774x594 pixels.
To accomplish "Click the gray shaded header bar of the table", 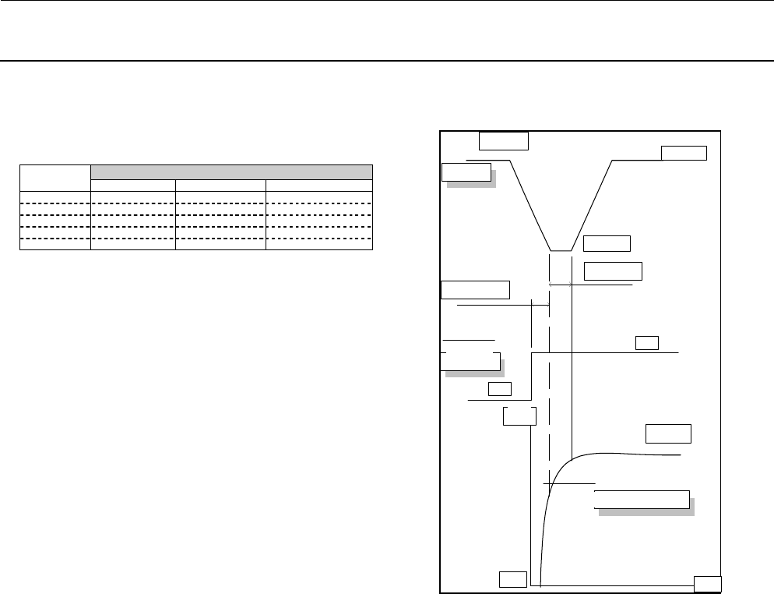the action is click(x=231, y=172).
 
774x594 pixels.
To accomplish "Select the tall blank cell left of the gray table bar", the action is click(x=55, y=178).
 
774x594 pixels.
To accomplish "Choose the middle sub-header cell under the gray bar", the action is click(x=220, y=186).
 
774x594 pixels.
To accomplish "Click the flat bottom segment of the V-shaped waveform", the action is click(x=561, y=251).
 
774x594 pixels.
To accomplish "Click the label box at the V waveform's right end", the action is click(x=684, y=152).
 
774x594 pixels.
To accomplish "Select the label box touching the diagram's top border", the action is click(x=503, y=140).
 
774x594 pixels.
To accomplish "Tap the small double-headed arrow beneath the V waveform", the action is click(x=561, y=285).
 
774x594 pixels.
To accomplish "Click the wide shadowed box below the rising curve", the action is click(x=642, y=499).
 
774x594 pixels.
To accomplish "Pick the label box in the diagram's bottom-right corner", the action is click(x=707, y=584).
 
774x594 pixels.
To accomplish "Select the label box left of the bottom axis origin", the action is click(x=512, y=578).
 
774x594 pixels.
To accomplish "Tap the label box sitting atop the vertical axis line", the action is click(x=519, y=415).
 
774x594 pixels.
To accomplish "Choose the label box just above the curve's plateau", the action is click(x=668, y=433).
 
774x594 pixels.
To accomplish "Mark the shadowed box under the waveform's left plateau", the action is click(x=466, y=171).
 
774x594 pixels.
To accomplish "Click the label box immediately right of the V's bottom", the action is click(x=606, y=243).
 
